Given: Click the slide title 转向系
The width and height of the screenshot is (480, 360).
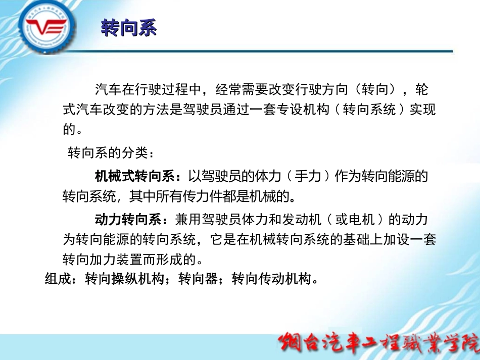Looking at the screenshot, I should click(x=129, y=28).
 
